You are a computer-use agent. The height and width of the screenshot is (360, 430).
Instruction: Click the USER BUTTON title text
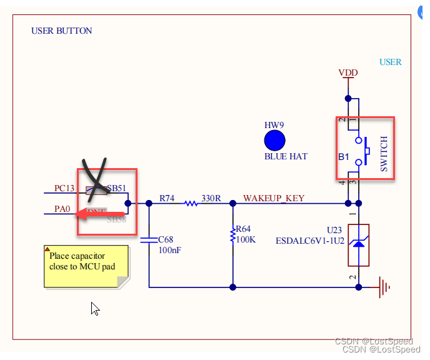(x=61, y=31)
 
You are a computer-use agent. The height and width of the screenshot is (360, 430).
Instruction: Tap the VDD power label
(x=348, y=73)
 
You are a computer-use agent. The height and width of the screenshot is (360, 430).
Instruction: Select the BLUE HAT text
(x=286, y=156)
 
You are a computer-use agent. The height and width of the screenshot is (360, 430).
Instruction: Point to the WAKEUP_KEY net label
(x=274, y=198)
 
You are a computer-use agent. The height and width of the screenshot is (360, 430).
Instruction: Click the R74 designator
(x=167, y=198)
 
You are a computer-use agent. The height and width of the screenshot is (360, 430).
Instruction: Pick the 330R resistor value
(x=211, y=198)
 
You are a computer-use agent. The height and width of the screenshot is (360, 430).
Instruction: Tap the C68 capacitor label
(x=165, y=239)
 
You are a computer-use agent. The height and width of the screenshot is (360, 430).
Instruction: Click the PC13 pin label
(x=64, y=188)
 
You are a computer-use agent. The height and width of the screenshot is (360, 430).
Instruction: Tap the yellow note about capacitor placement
(x=86, y=266)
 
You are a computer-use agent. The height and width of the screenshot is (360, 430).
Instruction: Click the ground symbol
(x=386, y=287)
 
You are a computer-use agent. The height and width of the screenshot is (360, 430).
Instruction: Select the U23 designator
(x=334, y=230)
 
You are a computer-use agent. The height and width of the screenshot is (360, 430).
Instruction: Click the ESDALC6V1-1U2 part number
(x=310, y=241)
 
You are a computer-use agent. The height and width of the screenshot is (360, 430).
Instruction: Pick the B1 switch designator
(x=343, y=156)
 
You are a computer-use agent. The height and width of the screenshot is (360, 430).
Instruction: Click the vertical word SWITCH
(x=384, y=153)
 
